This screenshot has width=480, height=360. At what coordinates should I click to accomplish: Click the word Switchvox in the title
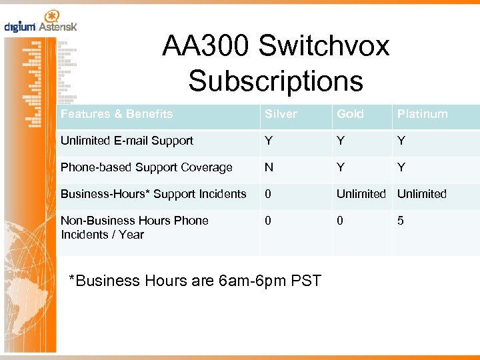coord(324,46)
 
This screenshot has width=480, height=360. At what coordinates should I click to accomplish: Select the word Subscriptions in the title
coord(275,81)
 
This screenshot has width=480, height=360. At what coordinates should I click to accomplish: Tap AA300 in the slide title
coord(206,46)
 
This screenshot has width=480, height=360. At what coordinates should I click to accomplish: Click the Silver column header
coord(281,114)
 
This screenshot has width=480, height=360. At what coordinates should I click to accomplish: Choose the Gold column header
coord(350,114)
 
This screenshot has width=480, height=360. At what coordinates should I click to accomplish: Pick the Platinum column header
coord(422,114)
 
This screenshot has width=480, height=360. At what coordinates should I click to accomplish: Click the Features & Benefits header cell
coord(117,114)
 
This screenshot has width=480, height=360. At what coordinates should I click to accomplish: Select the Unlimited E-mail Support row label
coord(127,141)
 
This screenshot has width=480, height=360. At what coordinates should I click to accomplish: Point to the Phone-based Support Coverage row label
coord(147,167)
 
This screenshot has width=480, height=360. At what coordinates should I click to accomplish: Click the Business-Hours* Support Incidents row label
coord(153,194)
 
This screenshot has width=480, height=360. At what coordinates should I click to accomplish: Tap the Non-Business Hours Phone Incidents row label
coord(135,227)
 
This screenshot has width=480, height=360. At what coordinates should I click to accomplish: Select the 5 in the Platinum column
coord(401,221)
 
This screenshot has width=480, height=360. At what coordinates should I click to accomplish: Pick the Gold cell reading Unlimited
coord(361,194)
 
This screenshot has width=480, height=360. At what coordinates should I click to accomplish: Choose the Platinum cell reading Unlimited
coord(422,194)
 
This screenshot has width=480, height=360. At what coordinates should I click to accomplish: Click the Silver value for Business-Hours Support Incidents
coord(268,194)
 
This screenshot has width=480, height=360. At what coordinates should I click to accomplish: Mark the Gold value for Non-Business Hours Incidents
coord(340,221)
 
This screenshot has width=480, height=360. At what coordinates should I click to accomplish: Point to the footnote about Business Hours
coord(195,281)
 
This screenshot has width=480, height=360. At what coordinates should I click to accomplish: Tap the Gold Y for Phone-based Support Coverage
coord(341,167)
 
